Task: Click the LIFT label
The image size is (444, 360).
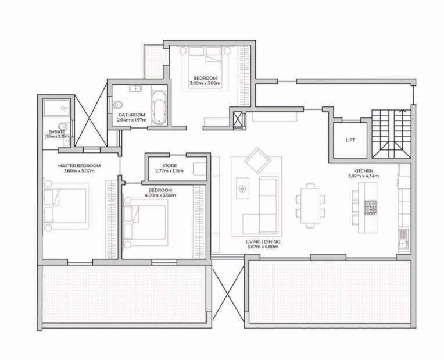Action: pos(350,140)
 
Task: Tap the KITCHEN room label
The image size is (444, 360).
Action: pos(364,171)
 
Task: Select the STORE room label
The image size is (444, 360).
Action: pos(169,166)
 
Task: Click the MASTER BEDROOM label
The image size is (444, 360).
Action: pos(79,166)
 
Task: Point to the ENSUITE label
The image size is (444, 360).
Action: pos(56,132)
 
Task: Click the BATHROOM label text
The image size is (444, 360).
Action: pos(132,115)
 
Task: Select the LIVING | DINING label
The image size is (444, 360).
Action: pos(263,242)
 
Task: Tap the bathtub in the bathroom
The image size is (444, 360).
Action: pos(159,108)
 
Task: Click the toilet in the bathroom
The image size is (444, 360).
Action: pos(117,105)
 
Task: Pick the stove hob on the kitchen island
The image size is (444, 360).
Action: pos(370,207)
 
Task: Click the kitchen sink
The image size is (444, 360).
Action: pos(403,240)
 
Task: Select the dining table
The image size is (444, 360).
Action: pos(310,205)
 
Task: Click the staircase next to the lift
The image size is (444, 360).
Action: pos(391,134)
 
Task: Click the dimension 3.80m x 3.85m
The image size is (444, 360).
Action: pos(205,83)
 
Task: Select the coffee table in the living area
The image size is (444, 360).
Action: pos(243,188)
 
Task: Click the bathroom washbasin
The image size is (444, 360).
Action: pos(136,88)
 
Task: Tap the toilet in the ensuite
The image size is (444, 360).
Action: pos(63,126)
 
